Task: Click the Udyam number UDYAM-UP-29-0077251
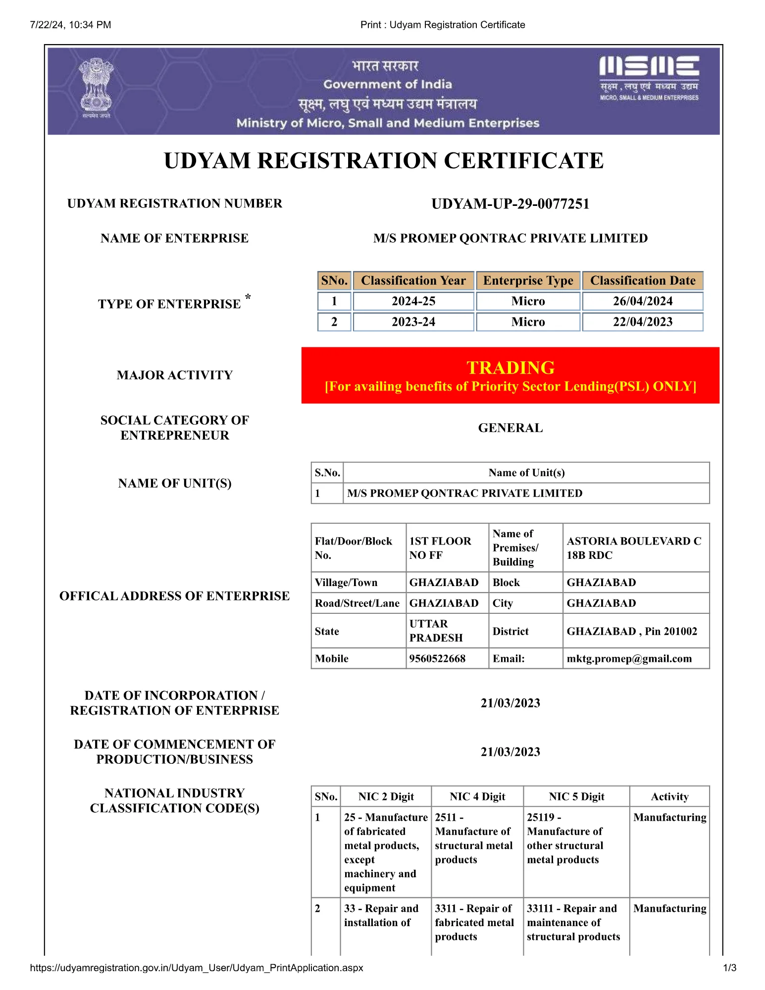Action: point(510,204)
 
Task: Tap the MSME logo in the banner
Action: point(649,78)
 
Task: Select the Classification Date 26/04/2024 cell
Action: point(642,301)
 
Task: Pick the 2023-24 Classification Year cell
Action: point(413,322)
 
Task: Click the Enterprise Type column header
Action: point(528,281)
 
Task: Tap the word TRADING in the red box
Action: point(510,367)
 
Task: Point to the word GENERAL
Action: point(510,428)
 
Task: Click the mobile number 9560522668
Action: point(437,658)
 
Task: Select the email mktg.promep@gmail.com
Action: point(629,658)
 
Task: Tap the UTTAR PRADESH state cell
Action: point(436,631)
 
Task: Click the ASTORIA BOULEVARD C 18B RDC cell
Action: point(634,548)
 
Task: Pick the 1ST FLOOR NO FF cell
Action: point(440,548)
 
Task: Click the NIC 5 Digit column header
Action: point(576,796)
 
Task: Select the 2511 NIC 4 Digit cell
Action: point(473,839)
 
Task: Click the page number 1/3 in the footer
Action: point(729,968)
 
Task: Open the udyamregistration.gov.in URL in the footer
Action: point(197,968)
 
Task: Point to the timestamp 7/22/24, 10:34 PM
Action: point(70,25)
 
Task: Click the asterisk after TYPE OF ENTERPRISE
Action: point(248,297)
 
